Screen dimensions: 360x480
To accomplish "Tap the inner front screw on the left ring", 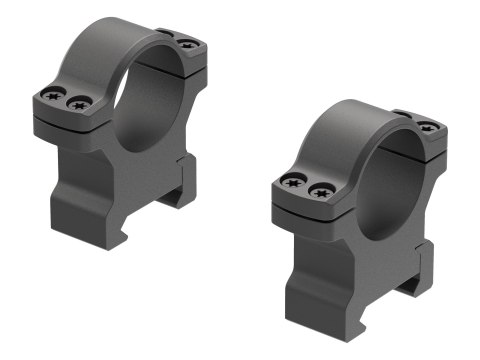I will tap(75, 101).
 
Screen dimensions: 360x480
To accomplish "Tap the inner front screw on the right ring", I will tap(319, 188).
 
